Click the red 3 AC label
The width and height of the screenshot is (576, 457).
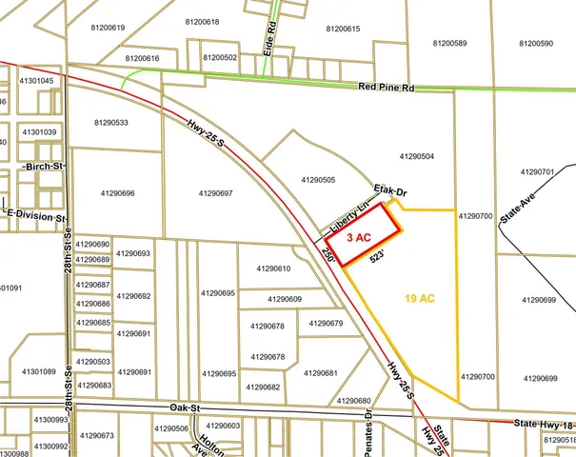357,236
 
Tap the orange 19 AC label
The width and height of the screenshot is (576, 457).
419,299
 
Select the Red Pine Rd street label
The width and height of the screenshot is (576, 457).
386,87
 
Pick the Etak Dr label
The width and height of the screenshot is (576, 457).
389,190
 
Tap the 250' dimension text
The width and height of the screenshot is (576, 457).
328,256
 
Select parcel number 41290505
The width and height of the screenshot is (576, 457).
318,179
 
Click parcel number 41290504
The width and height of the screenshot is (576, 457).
417,155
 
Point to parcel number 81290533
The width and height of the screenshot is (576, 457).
112,122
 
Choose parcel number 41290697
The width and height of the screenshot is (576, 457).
216,193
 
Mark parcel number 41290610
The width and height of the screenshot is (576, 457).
273,268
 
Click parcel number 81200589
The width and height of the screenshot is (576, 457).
449,43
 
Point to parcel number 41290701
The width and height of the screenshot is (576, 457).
538,172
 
